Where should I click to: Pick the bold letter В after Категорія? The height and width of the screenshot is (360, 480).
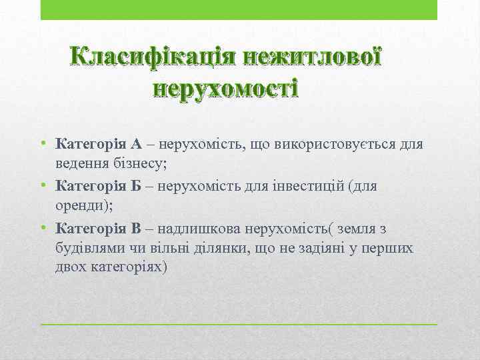[136, 229]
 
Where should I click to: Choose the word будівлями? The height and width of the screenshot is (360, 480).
[87, 249]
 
